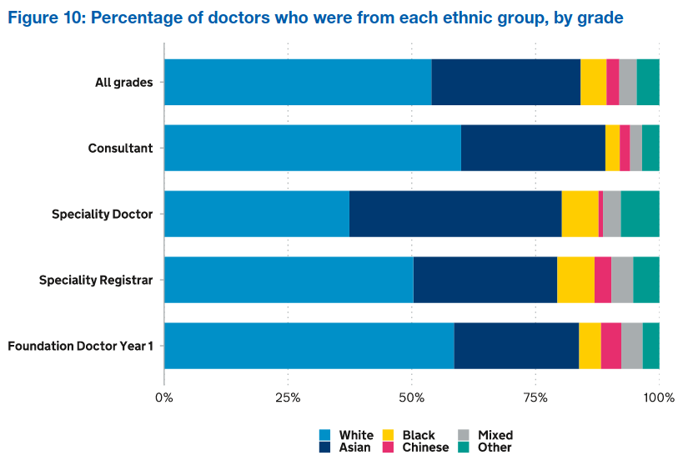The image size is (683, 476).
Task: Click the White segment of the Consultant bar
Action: [x=313, y=148]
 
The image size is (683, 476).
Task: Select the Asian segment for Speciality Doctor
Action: [x=455, y=214]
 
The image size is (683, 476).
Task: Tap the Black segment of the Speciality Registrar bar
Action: [x=575, y=280]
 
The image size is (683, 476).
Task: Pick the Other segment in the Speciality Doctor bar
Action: [x=640, y=214]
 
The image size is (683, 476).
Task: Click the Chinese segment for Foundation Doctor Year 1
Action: [x=610, y=346]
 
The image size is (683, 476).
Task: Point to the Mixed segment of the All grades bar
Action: [x=627, y=82]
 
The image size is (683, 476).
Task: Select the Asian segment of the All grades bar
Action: [x=506, y=82]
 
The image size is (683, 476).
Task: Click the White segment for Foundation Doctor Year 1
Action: [x=309, y=346]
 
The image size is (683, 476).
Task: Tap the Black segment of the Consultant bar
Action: [x=612, y=148]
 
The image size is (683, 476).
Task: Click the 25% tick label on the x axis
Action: [x=288, y=396]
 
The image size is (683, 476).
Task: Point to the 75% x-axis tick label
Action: [x=535, y=396]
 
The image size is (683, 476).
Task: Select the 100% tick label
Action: [x=659, y=396]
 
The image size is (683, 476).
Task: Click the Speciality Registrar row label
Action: [x=96, y=280]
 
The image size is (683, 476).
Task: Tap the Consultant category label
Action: [x=120, y=148]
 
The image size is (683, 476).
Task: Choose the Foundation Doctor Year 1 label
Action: [x=80, y=346]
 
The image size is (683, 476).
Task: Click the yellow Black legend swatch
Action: [x=388, y=435]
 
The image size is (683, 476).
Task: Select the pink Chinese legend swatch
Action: [x=388, y=448]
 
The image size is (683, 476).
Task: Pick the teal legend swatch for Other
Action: [x=465, y=448]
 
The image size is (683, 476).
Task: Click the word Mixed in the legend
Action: [x=495, y=435]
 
